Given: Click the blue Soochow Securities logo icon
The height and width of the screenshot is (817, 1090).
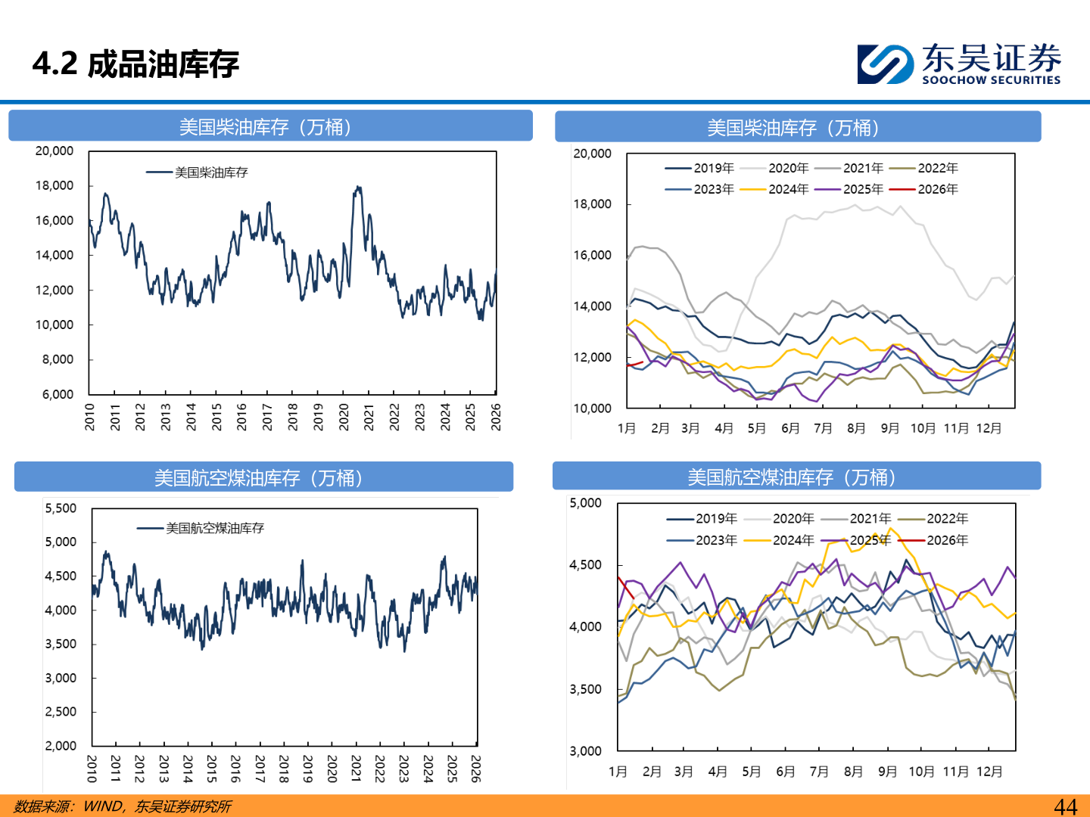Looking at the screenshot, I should pyautogui.click(x=885, y=64).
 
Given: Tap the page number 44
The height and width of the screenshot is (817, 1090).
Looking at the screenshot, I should pyautogui.click(x=1065, y=806).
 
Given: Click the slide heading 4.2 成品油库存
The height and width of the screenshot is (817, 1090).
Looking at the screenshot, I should pyautogui.click(x=135, y=64).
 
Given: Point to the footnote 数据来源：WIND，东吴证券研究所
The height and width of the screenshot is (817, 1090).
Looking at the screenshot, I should pyautogui.click(x=123, y=806).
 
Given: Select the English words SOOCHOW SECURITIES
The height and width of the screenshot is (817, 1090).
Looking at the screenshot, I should pyautogui.click(x=991, y=80).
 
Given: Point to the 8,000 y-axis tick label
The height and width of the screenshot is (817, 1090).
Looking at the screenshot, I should pyautogui.click(x=58, y=359).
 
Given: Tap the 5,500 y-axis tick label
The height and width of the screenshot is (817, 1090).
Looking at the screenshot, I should pyautogui.click(x=61, y=508).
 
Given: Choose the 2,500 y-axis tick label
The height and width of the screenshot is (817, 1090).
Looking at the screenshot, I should pyautogui.click(x=61, y=712).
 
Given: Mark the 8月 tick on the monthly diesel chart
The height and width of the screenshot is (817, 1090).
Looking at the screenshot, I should pyautogui.click(x=856, y=428).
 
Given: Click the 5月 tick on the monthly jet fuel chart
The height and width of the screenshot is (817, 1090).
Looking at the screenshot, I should pyautogui.click(x=751, y=772).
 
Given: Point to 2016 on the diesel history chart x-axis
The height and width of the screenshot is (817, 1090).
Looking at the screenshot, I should pyautogui.click(x=241, y=417).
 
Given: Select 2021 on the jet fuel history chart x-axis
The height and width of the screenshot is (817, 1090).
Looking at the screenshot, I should pyautogui.click(x=356, y=769).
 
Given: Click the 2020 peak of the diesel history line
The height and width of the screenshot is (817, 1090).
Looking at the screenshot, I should pyautogui.click(x=358, y=188).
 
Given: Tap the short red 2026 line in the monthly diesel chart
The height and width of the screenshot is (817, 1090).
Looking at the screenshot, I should pyautogui.click(x=634, y=364).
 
